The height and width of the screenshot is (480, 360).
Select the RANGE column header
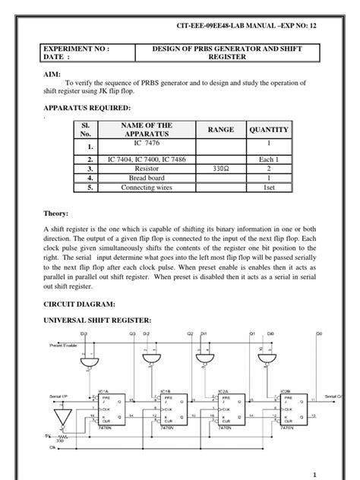tap(220, 130)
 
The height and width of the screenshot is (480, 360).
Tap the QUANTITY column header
tap(268, 130)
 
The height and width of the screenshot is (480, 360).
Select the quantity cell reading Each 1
tap(268, 159)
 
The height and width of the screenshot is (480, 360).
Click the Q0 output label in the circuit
tap(319, 333)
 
